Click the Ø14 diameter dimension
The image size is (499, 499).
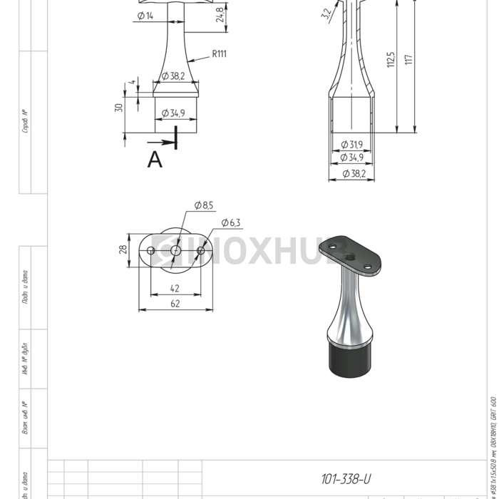[145, 16]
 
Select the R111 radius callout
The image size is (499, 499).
[218, 53]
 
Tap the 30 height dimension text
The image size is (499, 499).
[119, 108]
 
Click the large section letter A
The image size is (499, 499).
[155, 160]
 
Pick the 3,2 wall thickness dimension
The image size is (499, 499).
[326, 14]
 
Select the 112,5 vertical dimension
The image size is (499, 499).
[391, 61]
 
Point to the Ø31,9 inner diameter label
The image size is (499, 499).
[351, 145]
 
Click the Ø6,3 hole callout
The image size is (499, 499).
[231, 222]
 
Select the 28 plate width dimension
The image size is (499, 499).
[123, 249]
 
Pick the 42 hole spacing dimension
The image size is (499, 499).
[175, 289]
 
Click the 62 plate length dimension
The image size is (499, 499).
[175, 303]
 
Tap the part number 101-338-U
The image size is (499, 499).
[346, 478]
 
